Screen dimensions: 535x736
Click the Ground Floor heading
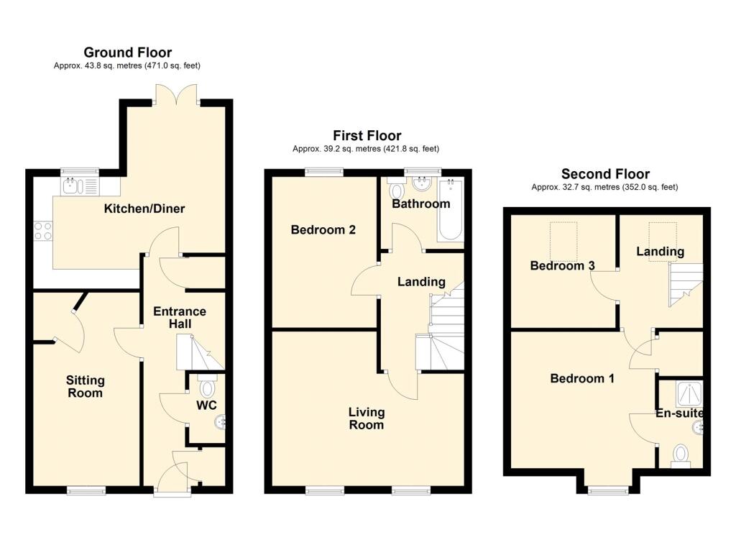coord(127,52)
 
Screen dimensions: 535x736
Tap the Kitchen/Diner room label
coord(144,209)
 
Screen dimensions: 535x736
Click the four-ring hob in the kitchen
coord(42,231)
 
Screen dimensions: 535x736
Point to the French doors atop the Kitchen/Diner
coord(176,95)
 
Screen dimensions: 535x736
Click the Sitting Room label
coord(85,386)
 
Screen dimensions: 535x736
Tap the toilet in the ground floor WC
coord(208,388)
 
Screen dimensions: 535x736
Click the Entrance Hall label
coord(180,318)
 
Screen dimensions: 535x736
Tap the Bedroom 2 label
coord(323,230)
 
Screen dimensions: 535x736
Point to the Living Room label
coord(366,419)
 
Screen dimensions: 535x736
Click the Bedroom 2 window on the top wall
coord(323,172)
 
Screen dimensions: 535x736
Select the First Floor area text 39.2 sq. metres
coord(365,149)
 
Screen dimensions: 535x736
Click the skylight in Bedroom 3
coord(564,242)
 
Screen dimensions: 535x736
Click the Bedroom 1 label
coord(582,378)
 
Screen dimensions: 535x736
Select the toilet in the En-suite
coord(680,455)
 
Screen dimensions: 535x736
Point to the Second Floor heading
coord(605,174)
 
